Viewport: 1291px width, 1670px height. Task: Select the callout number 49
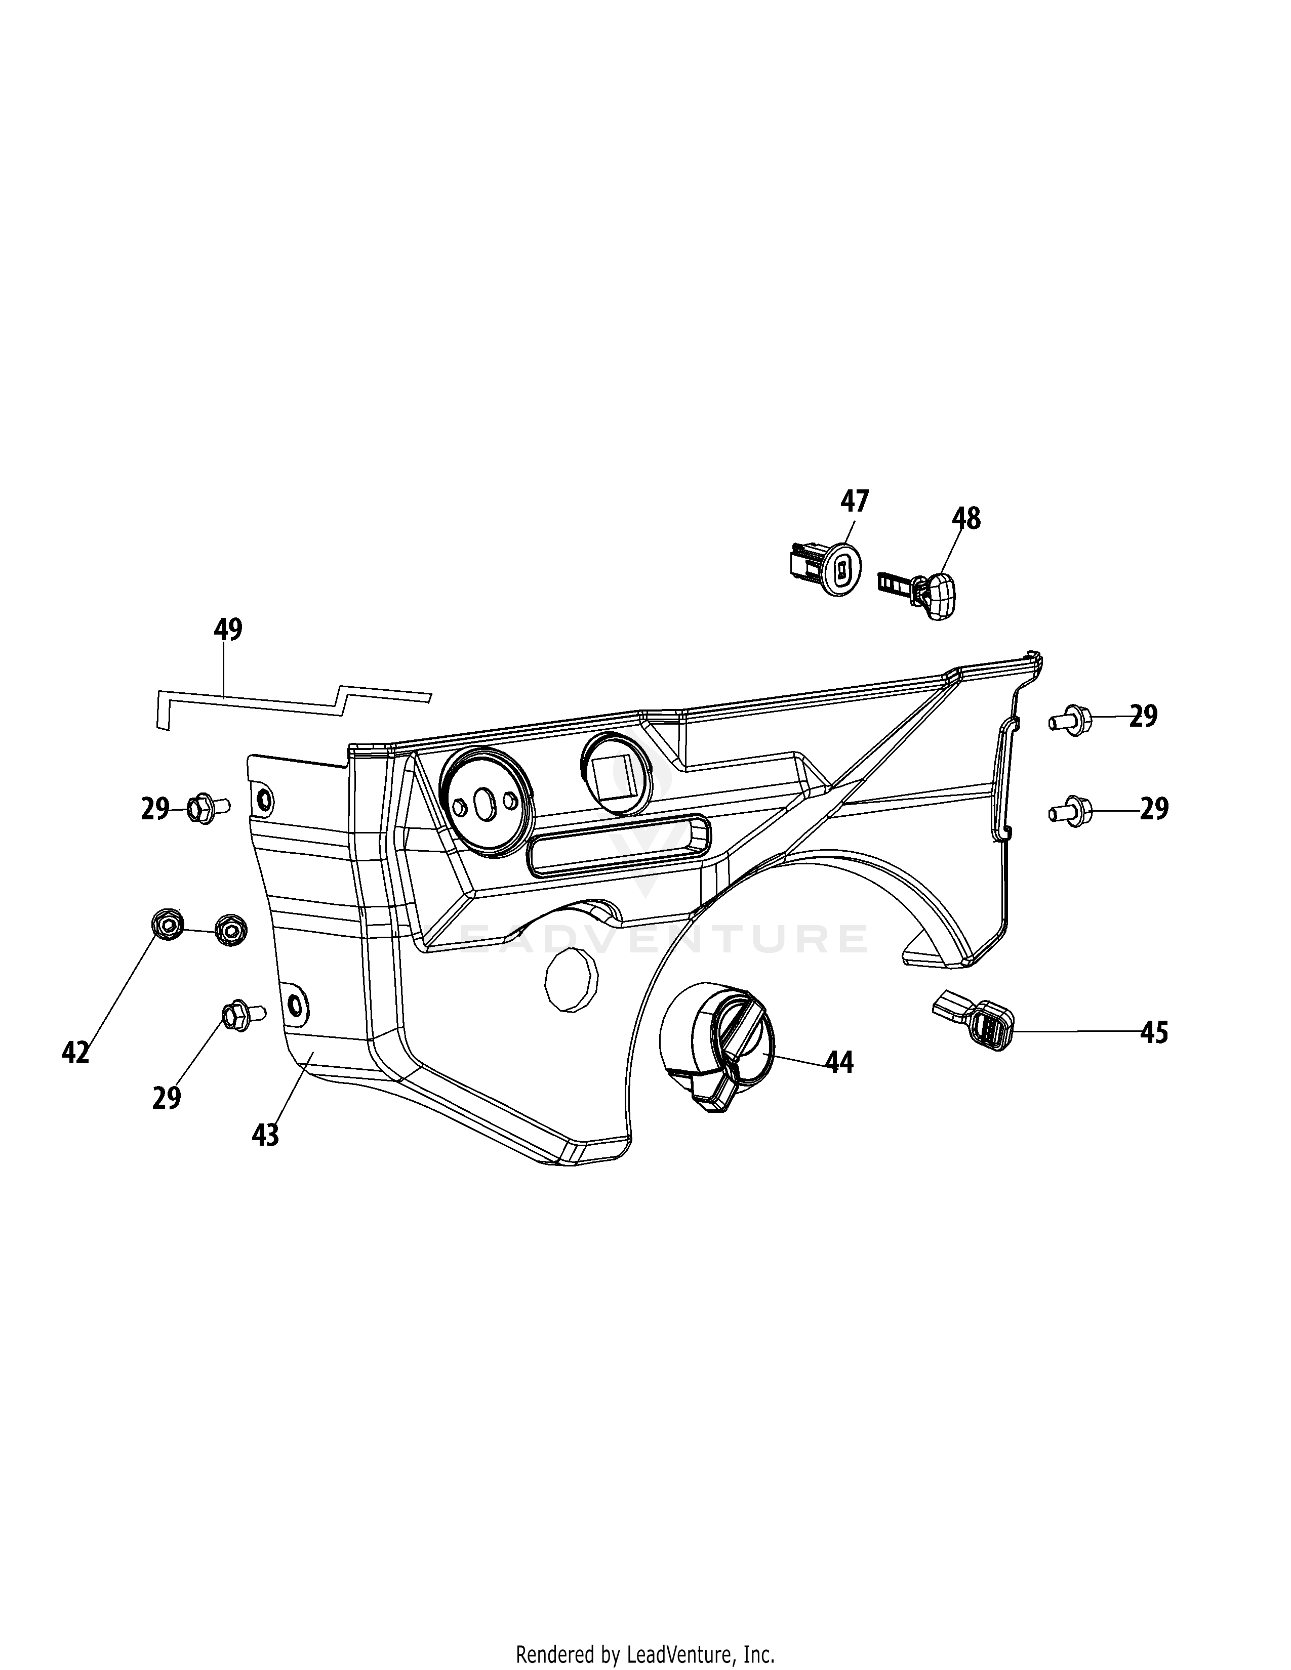(x=228, y=630)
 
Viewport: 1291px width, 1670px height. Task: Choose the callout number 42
(x=76, y=1053)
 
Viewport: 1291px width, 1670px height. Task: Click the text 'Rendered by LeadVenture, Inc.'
(x=644, y=1649)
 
